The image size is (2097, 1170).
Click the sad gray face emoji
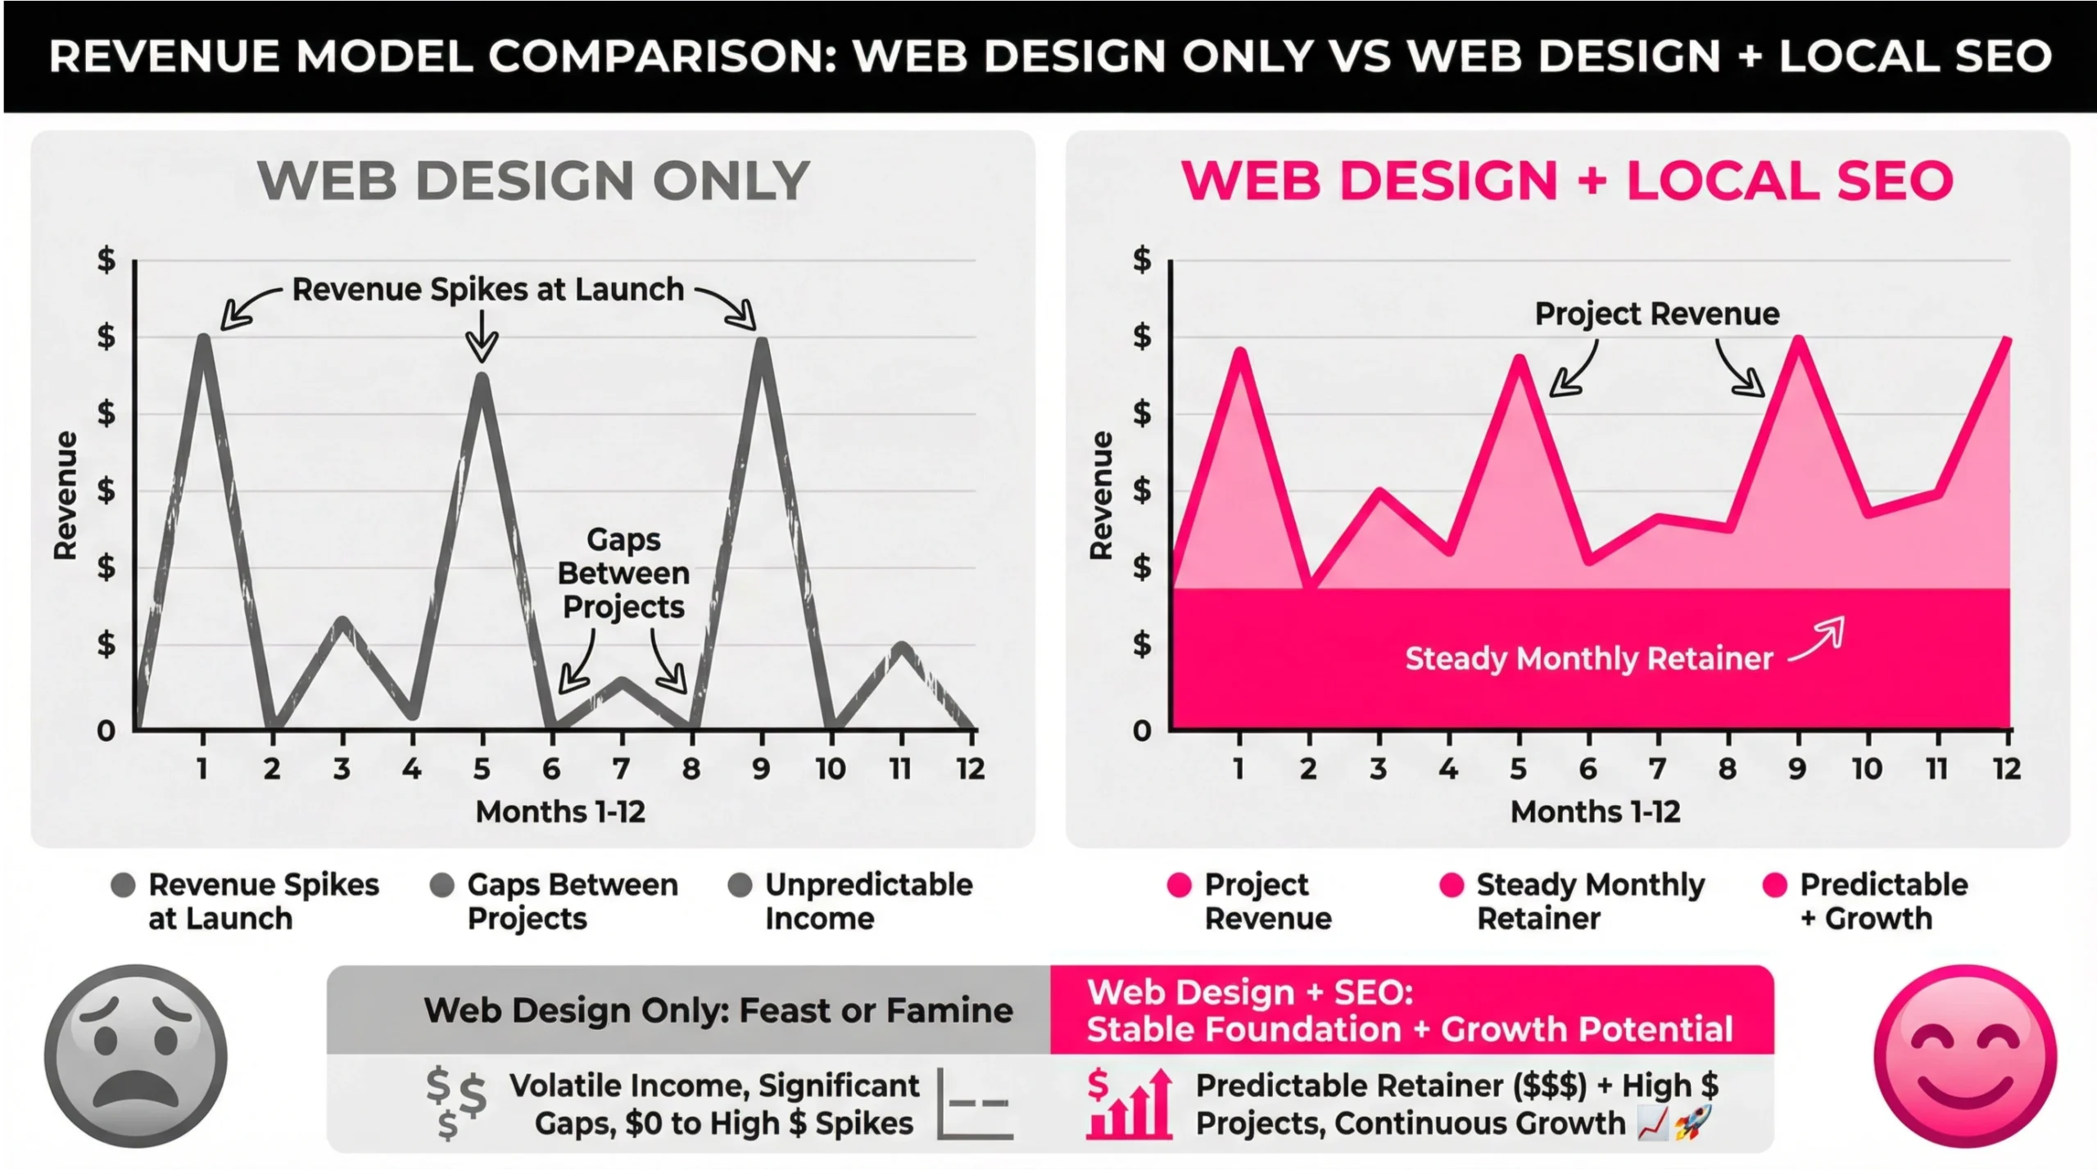pyautogui.click(x=136, y=1055)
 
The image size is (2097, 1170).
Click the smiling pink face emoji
pyautogui.click(x=1964, y=1055)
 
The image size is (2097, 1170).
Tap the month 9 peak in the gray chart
pyautogui.click(x=762, y=342)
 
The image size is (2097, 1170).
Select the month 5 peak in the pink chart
pyautogui.click(x=1519, y=359)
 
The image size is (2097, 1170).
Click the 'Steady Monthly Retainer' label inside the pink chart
pyautogui.click(x=1588, y=658)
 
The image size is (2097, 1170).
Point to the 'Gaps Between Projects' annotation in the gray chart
pyautogui.click(x=623, y=573)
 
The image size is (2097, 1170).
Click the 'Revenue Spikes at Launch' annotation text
pyautogui.click(x=487, y=289)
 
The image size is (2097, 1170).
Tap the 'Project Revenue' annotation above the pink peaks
pyautogui.click(x=1656, y=314)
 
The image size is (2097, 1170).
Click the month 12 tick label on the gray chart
pyautogui.click(x=971, y=769)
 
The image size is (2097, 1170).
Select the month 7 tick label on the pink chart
pyautogui.click(x=1658, y=769)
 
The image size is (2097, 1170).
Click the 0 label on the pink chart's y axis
pyautogui.click(x=1142, y=730)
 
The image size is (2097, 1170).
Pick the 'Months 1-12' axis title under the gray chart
pyautogui.click(x=560, y=811)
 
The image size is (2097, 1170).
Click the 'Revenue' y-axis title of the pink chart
pyautogui.click(x=1101, y=495)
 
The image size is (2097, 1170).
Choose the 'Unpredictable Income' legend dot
pyautogui.click(x=740, y=885)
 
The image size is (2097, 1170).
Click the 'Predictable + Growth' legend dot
pyautogui.click(x=1774, y=885)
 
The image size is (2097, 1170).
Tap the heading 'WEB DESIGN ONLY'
pyautogui.click(x=533, y=180)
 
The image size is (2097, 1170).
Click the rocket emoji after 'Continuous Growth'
pyautogui.click(x=1692, y=1123)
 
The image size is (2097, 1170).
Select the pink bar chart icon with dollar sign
pyautogui.click(x=1129, y=1104)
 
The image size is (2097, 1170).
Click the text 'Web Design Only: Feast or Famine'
pyautogui.click(x=718, y=1010)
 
